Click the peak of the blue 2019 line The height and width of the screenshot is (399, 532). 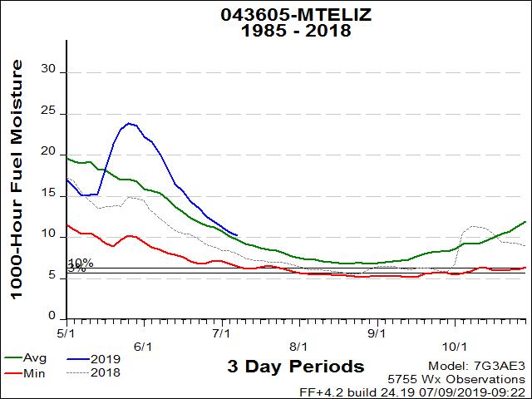[129, 123]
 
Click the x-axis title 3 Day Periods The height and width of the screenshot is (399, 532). [295, 366]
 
